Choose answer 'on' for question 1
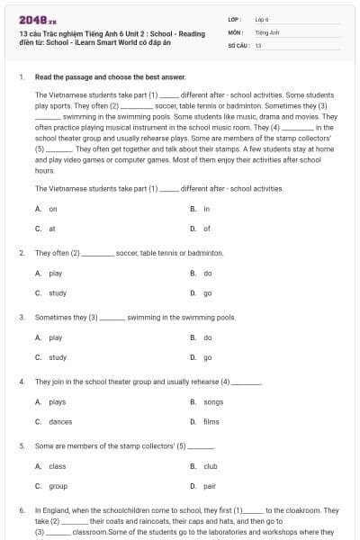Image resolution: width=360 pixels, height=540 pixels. pos(53,208)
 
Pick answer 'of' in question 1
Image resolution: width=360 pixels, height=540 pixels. pos(206,229)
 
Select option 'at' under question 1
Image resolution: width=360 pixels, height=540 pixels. pos(52,229)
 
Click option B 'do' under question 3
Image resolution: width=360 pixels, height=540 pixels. pos(207,337)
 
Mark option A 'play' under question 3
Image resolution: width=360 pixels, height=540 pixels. pos(56,337)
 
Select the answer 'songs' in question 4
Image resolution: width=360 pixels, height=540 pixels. pos(212,401)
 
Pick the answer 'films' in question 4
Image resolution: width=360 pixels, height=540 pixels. pos(211,421)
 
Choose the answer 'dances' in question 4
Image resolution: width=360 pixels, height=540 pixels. pos(59,421)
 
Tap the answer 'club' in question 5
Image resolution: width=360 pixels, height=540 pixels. pos(210,466)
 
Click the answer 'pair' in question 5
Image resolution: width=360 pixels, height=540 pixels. pos(209,486)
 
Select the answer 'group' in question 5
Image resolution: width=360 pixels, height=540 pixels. pos(58,486)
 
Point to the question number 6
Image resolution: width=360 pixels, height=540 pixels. pos(22,510)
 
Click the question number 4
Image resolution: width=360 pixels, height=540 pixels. pos(22,382)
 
